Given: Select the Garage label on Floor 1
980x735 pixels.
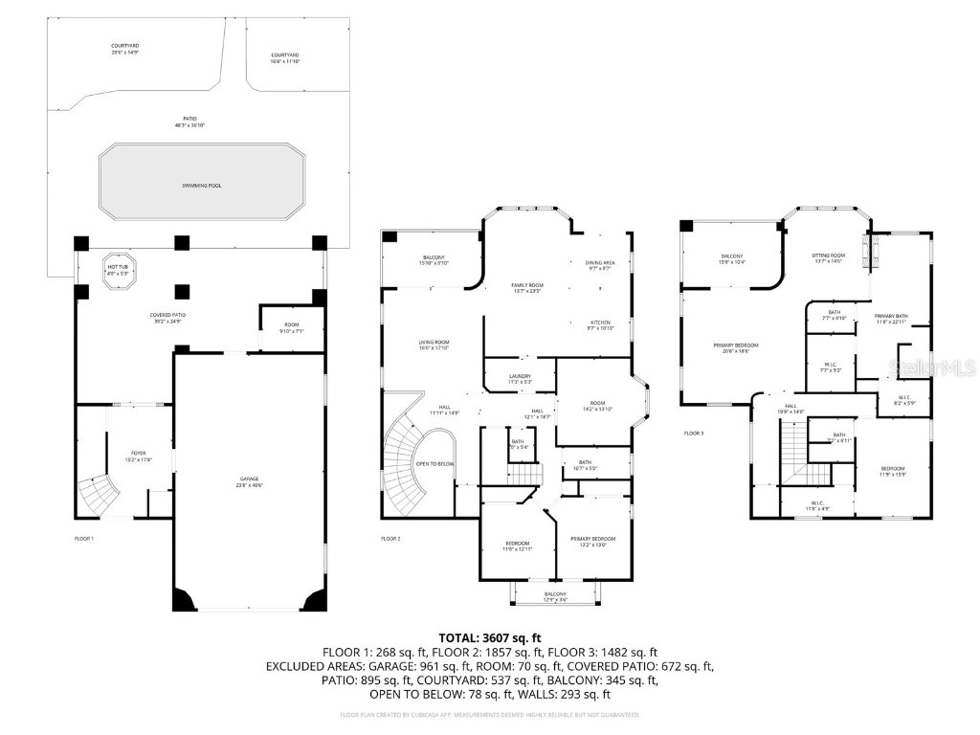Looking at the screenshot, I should (x=249, y=481).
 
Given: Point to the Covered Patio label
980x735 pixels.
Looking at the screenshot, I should (x=167, y=317).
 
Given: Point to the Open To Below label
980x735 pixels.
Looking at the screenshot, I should (x=434, y=463).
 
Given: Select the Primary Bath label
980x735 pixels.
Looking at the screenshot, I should (x=890, y=319).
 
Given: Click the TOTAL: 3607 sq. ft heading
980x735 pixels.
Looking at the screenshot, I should (x=490, y=636).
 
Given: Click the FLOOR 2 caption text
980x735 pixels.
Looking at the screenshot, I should (x=390, y=539).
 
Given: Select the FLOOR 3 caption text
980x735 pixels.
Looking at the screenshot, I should (x=693, y=434).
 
